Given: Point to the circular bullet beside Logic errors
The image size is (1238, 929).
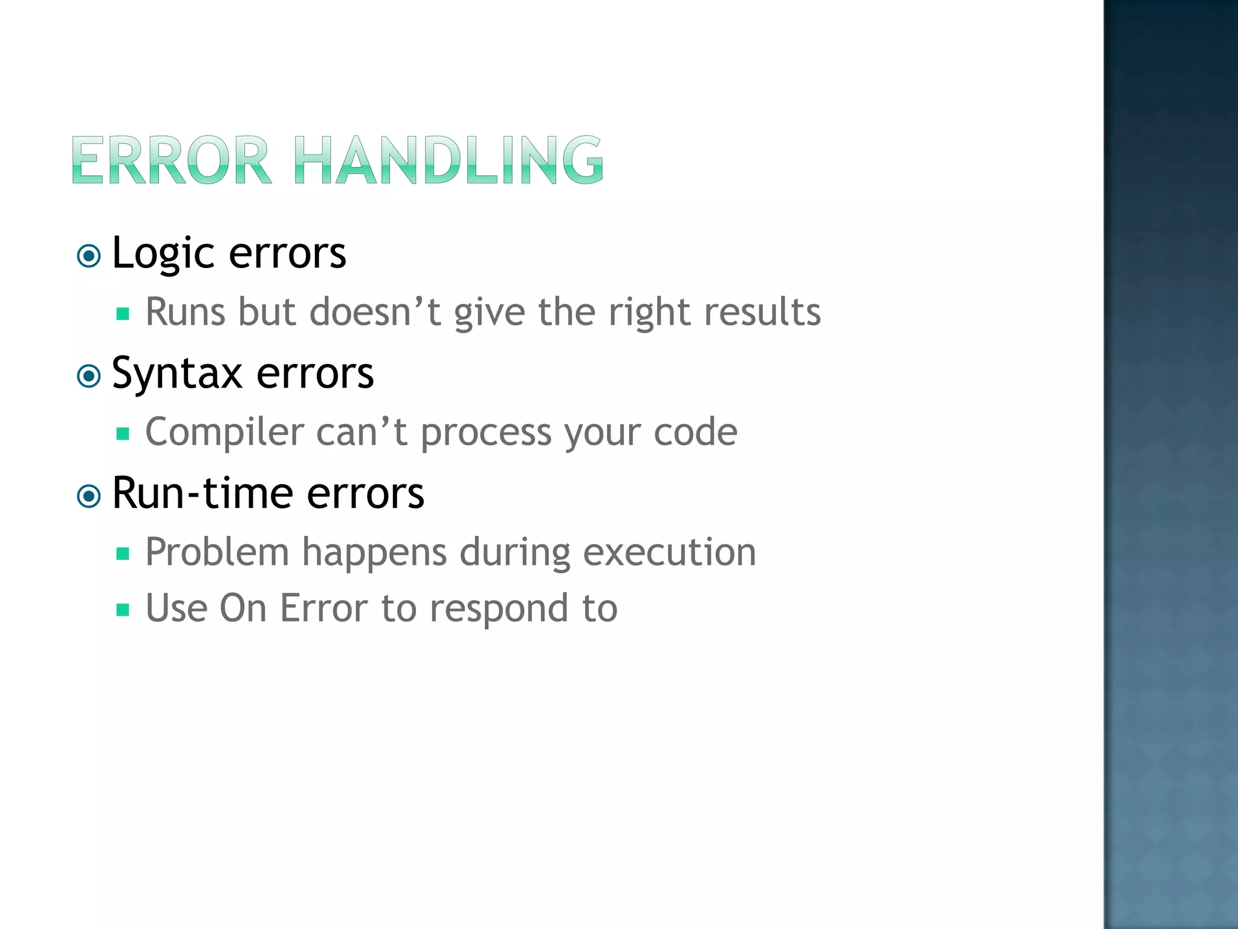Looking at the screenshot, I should (x=89, y=256).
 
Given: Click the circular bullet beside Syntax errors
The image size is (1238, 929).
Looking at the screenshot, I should (x=89, y=377).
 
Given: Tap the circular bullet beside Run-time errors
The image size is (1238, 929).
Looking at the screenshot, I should (x=89, y=497).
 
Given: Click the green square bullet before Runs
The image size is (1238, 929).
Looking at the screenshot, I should (x=123, y=314).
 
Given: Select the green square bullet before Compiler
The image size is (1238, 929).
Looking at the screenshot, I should (x=123, y=434).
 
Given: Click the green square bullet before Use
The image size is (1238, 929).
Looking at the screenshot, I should (x=123, y=610).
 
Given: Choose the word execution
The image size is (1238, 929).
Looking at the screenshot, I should (x=669, y=552).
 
